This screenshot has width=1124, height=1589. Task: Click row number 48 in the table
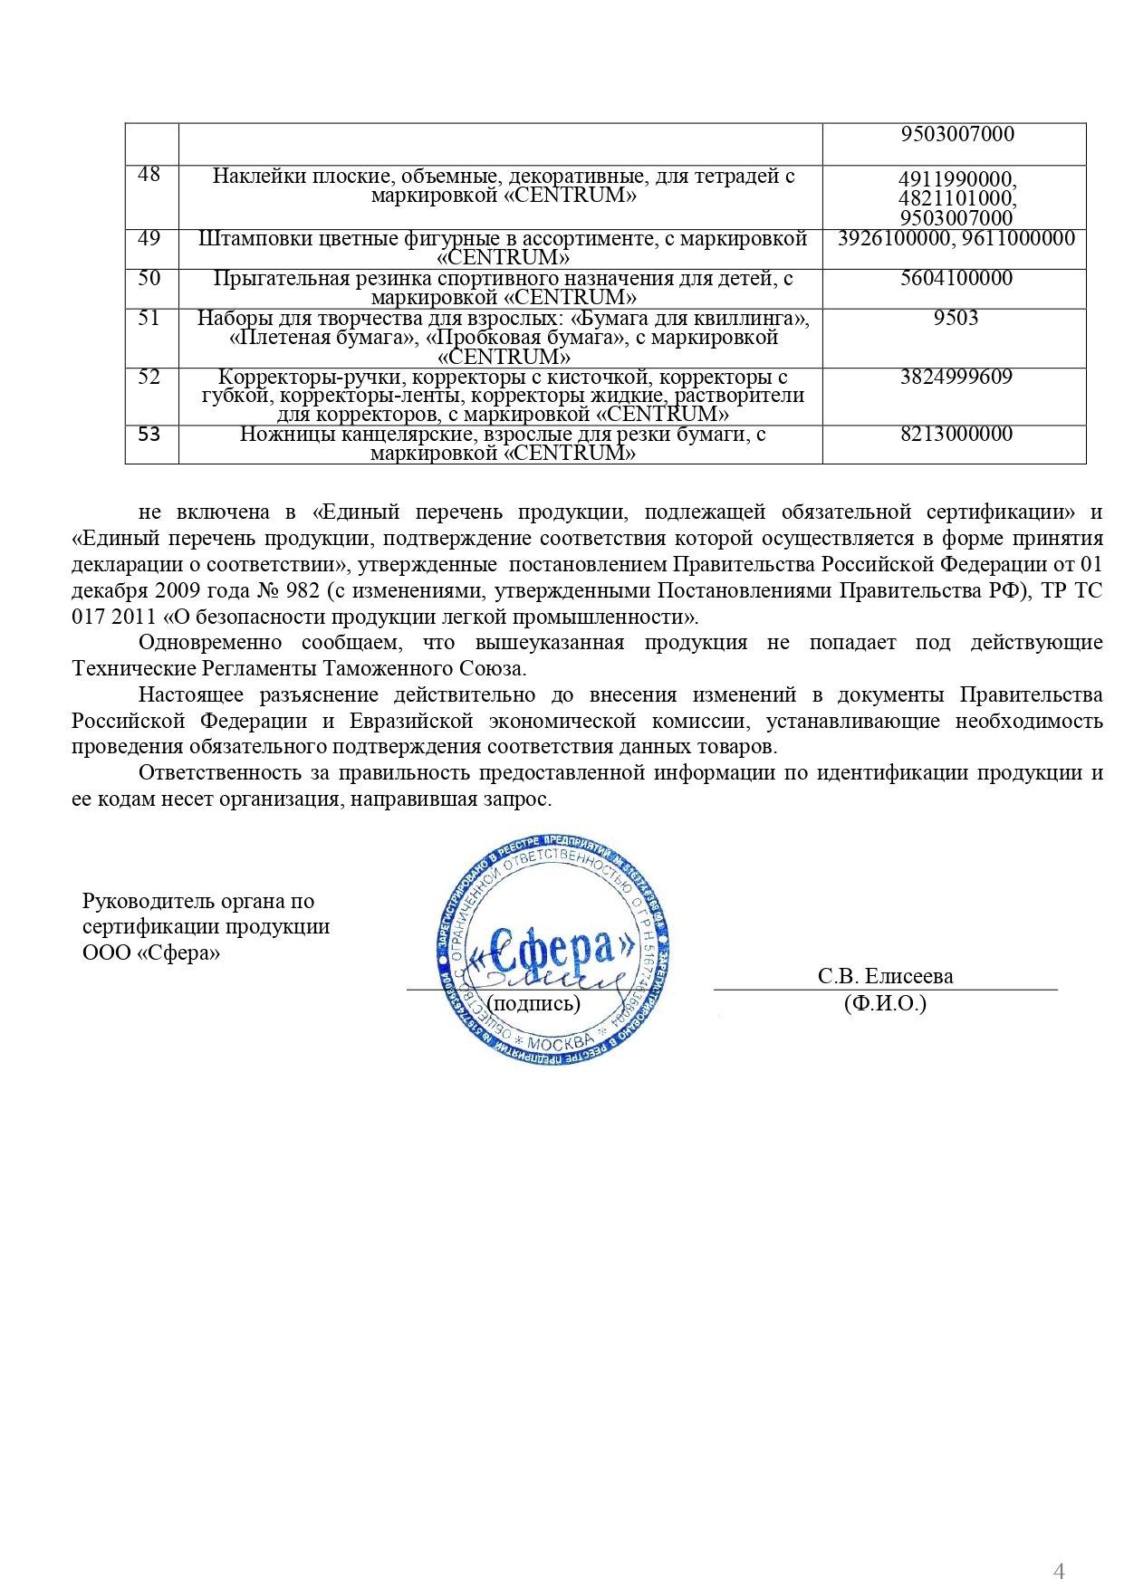(x=149, y=175)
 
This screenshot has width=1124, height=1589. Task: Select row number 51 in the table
(x=149, y=318)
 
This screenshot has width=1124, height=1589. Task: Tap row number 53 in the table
(x=149, y=435)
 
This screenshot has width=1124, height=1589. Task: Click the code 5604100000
(x=956, y=278)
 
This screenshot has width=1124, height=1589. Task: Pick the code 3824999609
(x=956, y=377)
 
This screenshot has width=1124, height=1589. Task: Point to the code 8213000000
(x=956, y=434)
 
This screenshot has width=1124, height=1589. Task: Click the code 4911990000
(x=956, y=179)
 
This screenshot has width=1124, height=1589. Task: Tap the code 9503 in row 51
(x=956, y=318)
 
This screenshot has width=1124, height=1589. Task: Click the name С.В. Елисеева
(x=885, y=976)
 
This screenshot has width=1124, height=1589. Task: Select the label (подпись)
(x=533, y=1003)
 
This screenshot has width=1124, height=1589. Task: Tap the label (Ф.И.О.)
(x=885, y=1003)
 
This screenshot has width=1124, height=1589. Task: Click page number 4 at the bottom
(x=1059, y=1546)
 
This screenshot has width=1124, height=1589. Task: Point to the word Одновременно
(x=210, y=643)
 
